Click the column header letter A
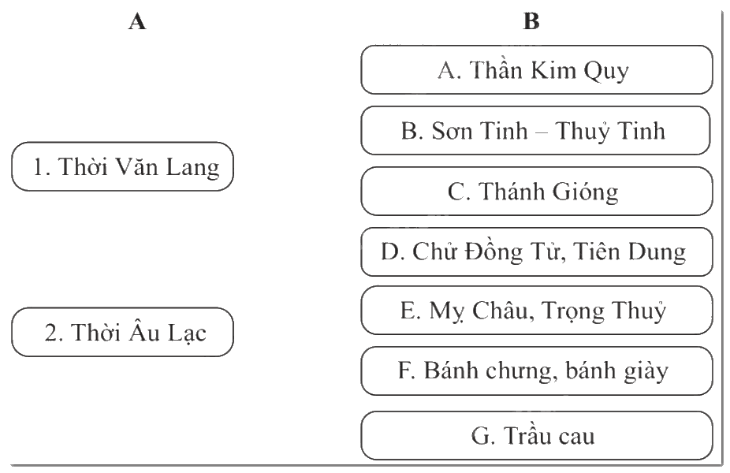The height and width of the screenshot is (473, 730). point(137,21)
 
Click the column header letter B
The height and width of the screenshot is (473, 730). point(531,21)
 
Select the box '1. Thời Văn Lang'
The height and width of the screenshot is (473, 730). point(122,166)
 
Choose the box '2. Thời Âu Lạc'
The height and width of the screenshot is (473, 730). point(122,332)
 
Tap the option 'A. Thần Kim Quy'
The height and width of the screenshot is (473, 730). point(537,70)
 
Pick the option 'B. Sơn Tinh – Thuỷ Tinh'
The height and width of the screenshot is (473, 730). point(536,130)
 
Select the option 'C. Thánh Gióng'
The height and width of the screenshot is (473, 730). point(537,191)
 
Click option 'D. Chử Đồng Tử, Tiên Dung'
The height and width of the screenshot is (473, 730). point(537,251)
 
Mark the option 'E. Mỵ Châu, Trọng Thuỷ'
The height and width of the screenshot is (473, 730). point(537,310)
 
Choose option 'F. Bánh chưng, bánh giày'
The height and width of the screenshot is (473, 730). point(537,371)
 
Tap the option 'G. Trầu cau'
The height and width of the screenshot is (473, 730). point(537,436)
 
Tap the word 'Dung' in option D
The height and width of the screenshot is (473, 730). point(657,253)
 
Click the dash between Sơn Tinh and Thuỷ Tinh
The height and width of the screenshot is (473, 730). point(542,132)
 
